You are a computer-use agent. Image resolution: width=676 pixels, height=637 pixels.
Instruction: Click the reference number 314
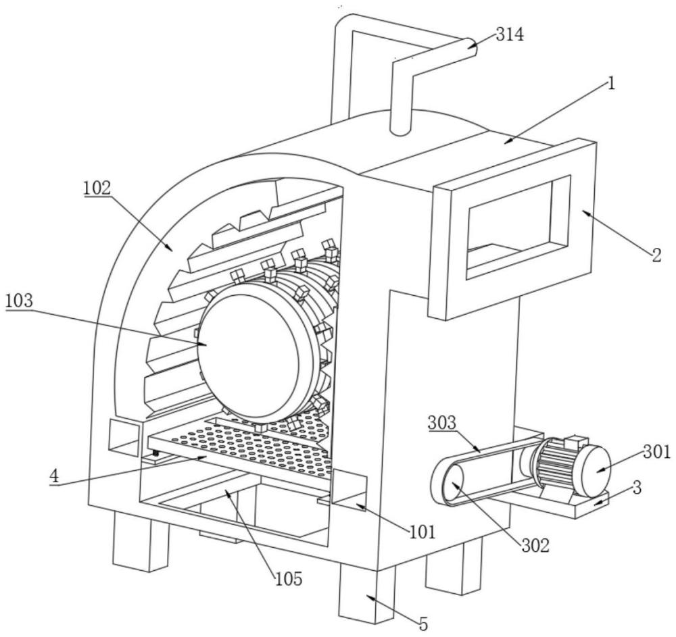510,34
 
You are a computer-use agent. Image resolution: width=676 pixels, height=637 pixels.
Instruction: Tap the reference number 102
97,188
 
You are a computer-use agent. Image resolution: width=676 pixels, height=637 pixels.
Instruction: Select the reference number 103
19,301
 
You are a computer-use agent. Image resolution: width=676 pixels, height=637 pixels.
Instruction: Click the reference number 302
536,546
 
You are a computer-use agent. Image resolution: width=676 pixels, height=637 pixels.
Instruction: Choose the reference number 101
422,532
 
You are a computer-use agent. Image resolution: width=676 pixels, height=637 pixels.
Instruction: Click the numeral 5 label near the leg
424,623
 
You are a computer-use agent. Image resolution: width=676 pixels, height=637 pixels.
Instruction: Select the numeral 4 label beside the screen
54,476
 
